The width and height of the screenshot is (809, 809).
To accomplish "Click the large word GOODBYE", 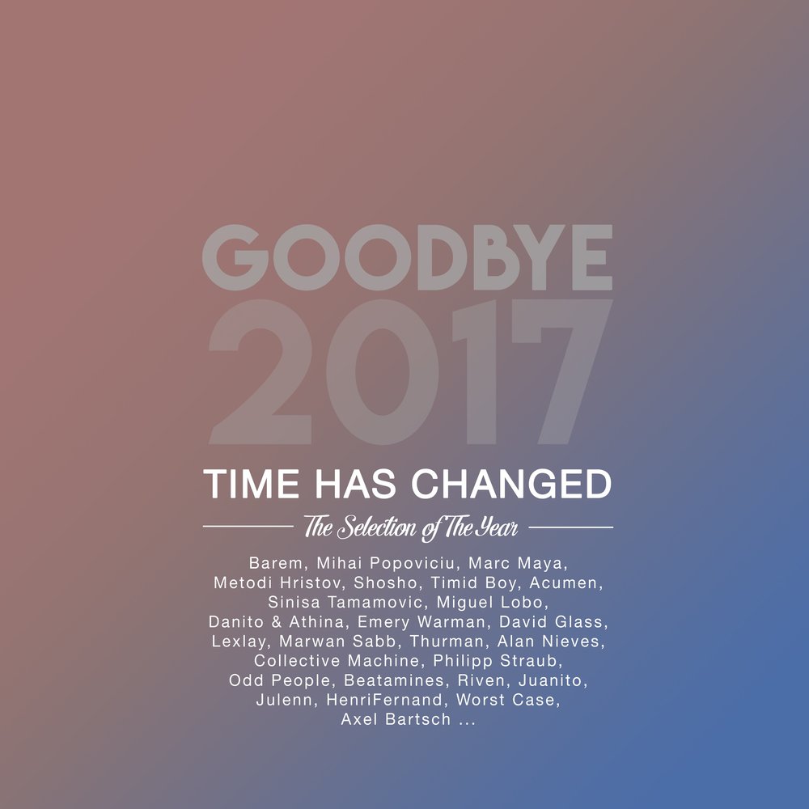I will (407, 257).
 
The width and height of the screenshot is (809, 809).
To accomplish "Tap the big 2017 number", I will (407, 372).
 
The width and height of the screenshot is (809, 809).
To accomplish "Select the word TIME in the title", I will (247, 484).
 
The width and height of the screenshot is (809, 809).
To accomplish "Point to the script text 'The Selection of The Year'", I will (410, 528).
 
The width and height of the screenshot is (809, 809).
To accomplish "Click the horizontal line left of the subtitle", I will (247, 527).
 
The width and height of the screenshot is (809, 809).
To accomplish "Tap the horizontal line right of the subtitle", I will (570, 527).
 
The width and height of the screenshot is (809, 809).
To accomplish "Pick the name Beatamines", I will (396, 680).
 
